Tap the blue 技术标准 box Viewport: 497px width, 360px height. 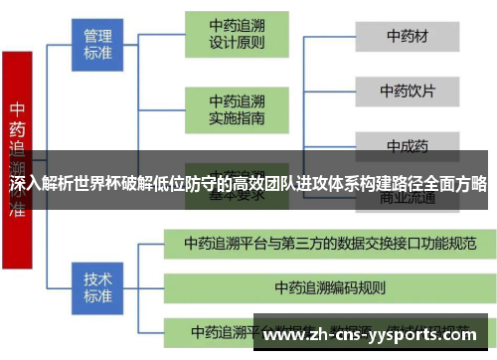tap(97, 281)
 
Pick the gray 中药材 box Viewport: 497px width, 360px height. tap(408, 37)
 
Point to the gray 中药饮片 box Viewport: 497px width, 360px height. tap(408, 90)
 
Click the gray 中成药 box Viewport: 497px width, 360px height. tap(408, 145)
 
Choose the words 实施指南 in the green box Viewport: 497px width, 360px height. tap(237, 117)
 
